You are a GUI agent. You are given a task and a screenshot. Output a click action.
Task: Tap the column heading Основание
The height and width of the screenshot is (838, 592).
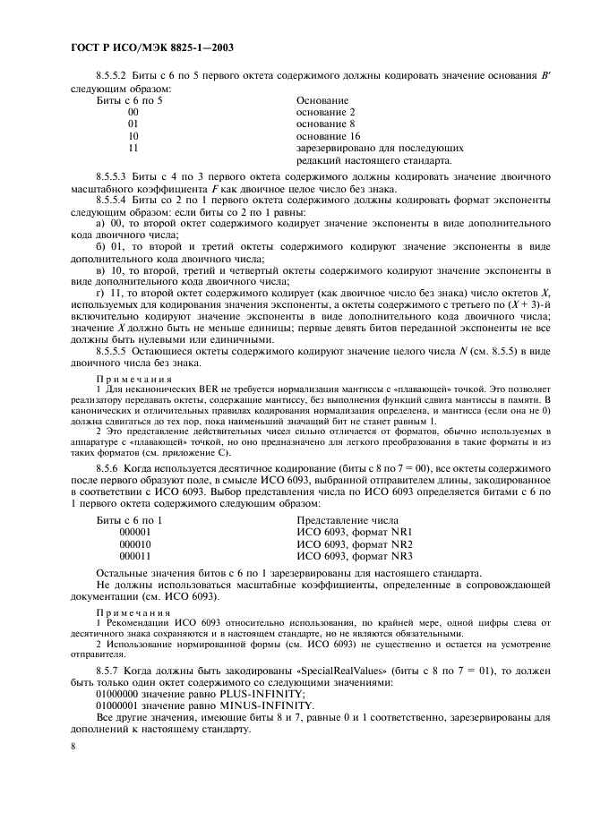point(322,100)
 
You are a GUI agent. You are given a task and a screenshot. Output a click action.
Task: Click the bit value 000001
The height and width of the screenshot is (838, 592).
point(134,532)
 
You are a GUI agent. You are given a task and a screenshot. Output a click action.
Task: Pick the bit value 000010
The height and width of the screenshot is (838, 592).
point(134,543)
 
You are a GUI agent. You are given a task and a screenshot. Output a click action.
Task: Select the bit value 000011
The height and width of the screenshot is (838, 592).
point(134,556)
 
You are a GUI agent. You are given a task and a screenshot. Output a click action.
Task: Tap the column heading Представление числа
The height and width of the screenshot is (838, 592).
point(347,520)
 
